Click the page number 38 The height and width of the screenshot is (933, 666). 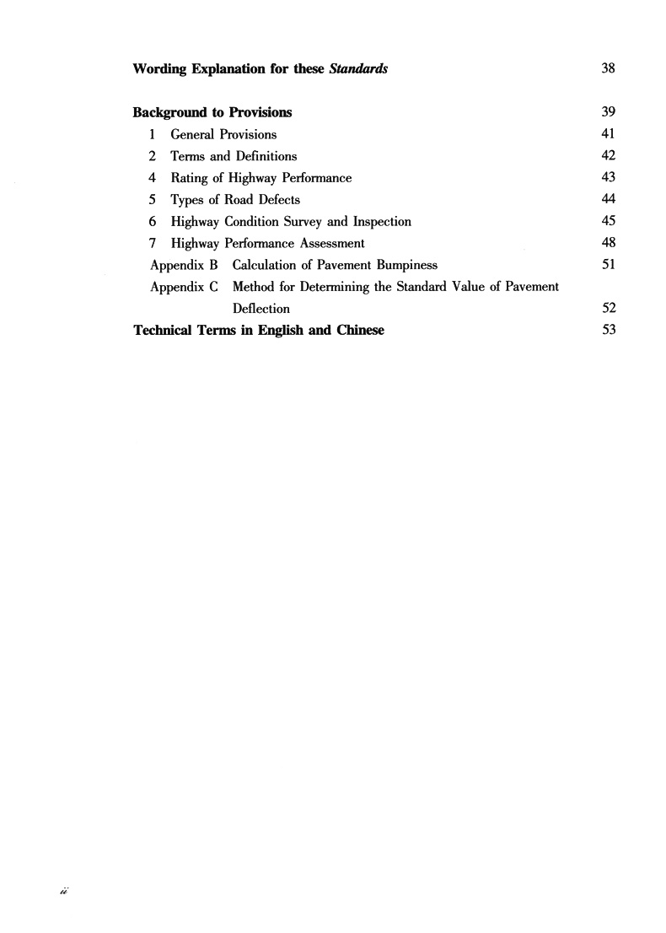click(x=608, y=68)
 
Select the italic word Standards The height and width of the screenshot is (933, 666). click(x=357, y=68)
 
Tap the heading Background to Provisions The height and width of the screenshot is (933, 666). click(x=212, y=112)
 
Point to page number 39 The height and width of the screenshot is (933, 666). click(x=608, y=112)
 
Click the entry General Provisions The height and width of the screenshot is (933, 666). click(x=223, y=134)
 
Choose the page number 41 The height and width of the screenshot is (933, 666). click(x=608, y=134)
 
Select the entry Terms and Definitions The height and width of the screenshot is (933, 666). click(x=234, y=156)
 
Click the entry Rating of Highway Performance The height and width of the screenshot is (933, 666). click(x=260, y=178)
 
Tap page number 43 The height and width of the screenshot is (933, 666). click(x=608, y=178)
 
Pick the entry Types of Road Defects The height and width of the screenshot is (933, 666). click(x=235, y=200)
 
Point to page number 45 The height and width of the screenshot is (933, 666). click(x=608, y=222)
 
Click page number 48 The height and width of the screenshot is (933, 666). click(x=608, y=244)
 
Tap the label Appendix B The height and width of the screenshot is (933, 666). click(x=184, y=265)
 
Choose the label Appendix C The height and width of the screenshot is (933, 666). click(x=184, y=287)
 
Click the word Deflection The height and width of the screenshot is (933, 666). click(x=260, y=309)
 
